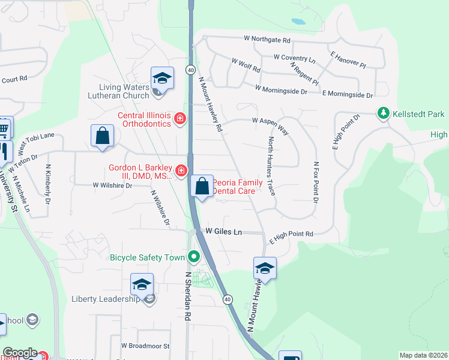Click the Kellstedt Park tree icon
pos(383,113)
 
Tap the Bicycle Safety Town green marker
pos(193,257)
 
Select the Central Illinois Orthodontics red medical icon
pos(179,120)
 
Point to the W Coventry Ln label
pos(294,58)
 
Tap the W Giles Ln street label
pos(223,231)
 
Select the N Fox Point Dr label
pos(315,181)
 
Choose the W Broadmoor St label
pos(145,346)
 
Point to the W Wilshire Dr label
pos(112,186)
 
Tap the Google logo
pos(19,353)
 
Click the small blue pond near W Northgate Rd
pos(298,22)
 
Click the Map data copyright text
pos(423,355)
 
